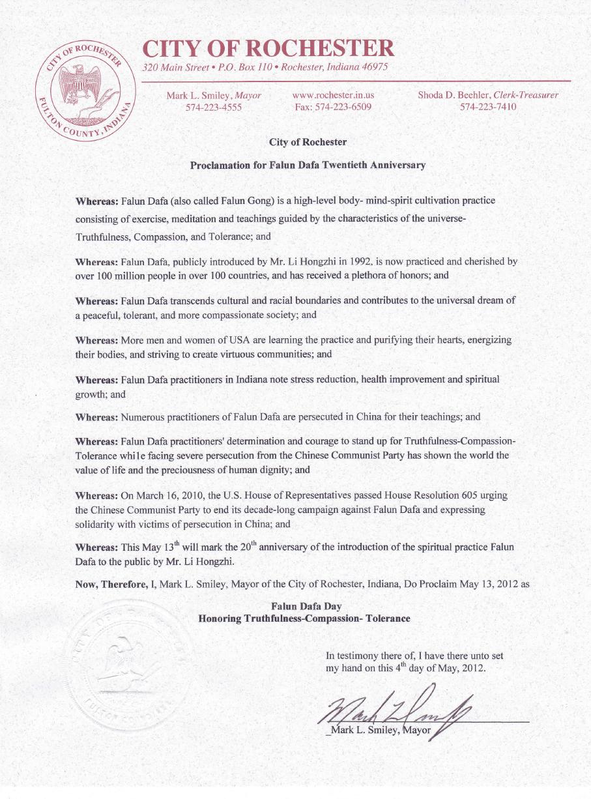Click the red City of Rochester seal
pyautogui.click(x=86, y=94)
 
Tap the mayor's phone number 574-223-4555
pyautogui.click(x=214, y=108)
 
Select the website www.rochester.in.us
pyautogui.click(x=333, y=95)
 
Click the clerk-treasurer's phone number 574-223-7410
pyautogui.click(x=488, y=108)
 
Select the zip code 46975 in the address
pyautogui.click(x=374, y=67)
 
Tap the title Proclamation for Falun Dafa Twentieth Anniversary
pyautogui.click(x=308, y=165)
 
